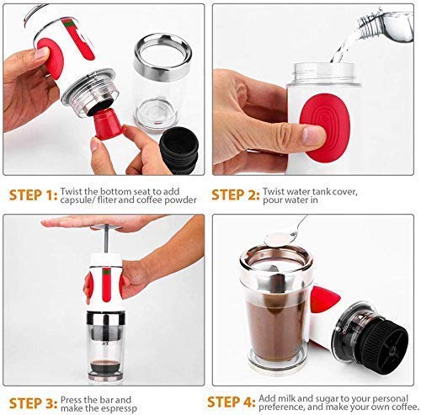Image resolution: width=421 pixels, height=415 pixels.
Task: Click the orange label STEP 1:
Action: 33,195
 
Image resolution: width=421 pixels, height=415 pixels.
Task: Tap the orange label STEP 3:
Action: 33,402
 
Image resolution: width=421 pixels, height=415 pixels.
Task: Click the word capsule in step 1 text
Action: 79,200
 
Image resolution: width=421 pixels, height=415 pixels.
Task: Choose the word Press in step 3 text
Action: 73,396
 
